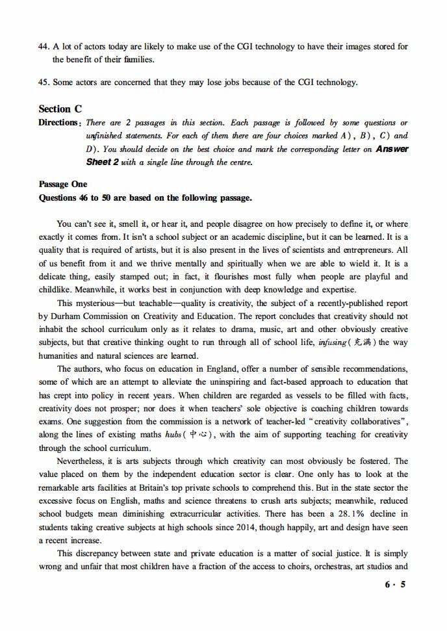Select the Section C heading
click(x=60, y=109)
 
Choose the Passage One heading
click(x=63, y=185)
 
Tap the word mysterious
click(x=101, y=303)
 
